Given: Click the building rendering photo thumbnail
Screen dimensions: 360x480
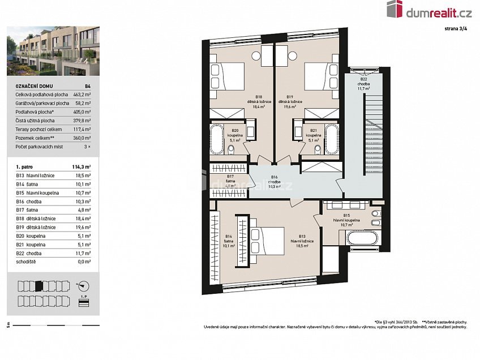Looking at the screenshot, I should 53,52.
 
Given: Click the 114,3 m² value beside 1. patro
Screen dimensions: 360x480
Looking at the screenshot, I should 82,167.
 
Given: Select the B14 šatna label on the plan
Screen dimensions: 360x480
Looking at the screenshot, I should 229,241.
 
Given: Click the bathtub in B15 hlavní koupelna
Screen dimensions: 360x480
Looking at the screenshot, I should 362,237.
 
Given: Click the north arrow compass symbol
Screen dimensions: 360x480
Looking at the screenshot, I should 82,285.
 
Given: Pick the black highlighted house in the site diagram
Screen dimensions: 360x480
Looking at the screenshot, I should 38,285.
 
